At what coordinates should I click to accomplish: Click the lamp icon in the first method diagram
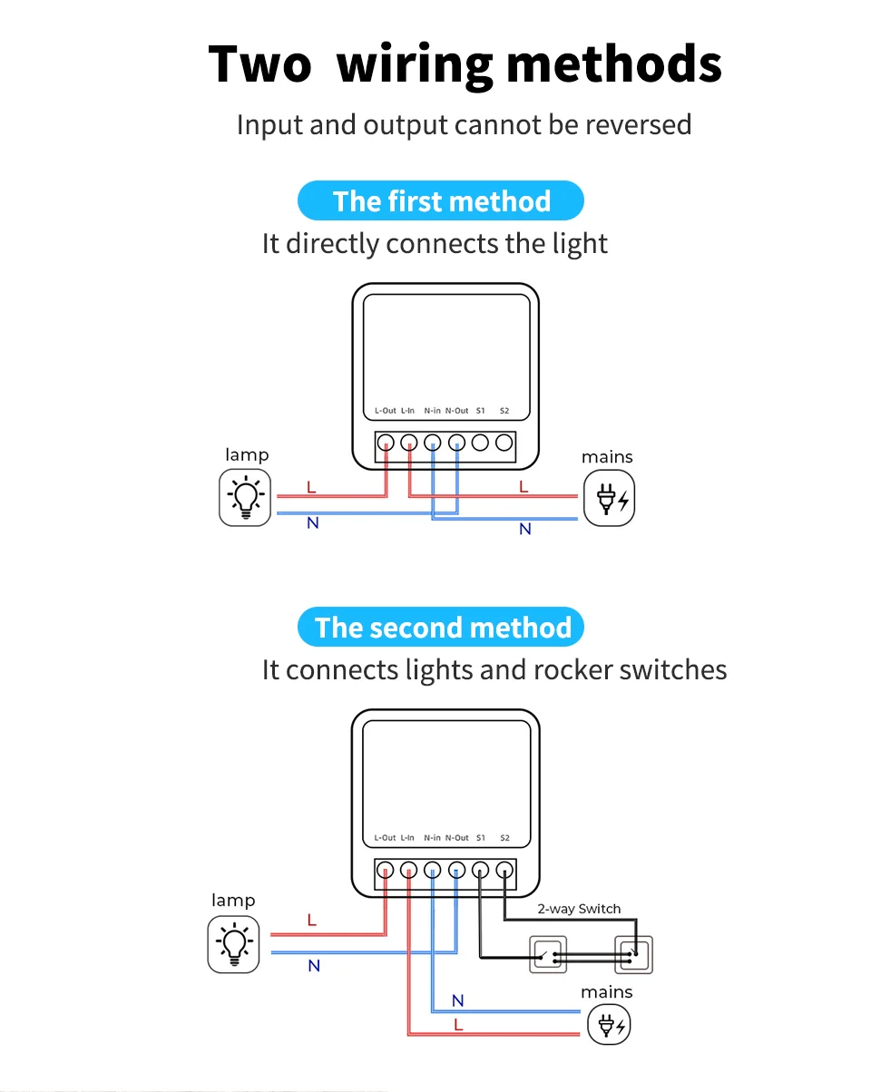245,498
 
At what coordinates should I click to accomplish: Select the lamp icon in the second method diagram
233,944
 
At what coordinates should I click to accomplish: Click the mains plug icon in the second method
609,1027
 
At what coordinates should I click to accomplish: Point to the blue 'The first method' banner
441,200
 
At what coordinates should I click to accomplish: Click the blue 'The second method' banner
442,628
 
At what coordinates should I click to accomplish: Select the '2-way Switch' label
579,909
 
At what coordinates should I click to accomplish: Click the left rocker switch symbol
548,955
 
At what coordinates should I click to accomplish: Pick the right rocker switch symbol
633,955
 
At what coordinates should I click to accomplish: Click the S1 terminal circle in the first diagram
481,443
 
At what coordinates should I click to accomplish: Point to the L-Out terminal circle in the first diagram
386,443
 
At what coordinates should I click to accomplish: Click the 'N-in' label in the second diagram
432,838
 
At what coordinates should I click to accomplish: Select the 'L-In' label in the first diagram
407,411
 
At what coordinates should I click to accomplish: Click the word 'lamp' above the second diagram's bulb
233,900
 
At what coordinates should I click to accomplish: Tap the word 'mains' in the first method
607,457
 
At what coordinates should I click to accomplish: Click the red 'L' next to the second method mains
458,1024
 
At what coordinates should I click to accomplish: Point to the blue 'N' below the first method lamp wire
313,523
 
